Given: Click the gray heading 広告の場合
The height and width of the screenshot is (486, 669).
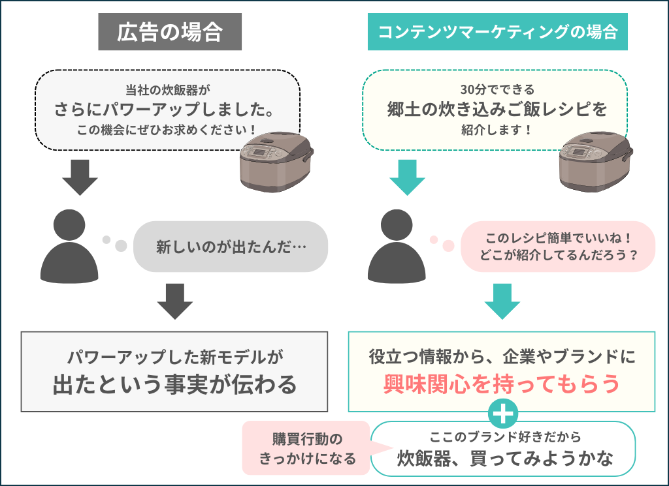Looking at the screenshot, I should pos(170,32).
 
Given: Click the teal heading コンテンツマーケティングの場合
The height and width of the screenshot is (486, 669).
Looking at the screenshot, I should pos(497,32).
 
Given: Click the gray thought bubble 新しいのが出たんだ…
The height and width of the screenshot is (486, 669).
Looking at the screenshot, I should pos(231,247).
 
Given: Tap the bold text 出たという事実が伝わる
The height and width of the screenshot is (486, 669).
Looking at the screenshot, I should pos(174,384).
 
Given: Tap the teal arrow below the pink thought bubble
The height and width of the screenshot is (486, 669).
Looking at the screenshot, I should pos(502,301).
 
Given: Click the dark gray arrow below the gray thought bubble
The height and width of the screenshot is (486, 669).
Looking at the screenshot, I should pos(175,301).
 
